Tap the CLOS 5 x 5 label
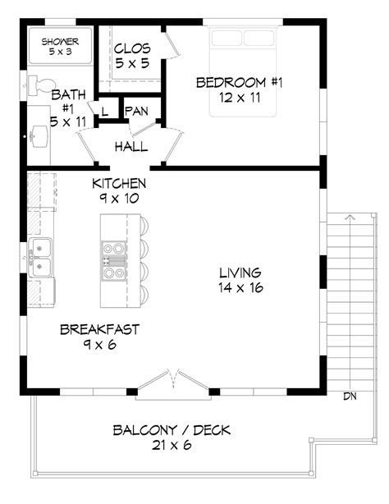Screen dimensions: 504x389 tap(130, 55)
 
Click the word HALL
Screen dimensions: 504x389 tap(131, 147)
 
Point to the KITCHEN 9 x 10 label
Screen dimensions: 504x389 tap(119, 191)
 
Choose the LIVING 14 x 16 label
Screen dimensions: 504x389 tap(240, 280)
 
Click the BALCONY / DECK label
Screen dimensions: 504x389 tap(172, 439)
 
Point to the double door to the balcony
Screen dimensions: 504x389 tap(172, 379)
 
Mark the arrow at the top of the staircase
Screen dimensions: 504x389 tap(349, 218)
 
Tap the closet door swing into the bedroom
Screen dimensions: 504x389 tap(172, 45)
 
